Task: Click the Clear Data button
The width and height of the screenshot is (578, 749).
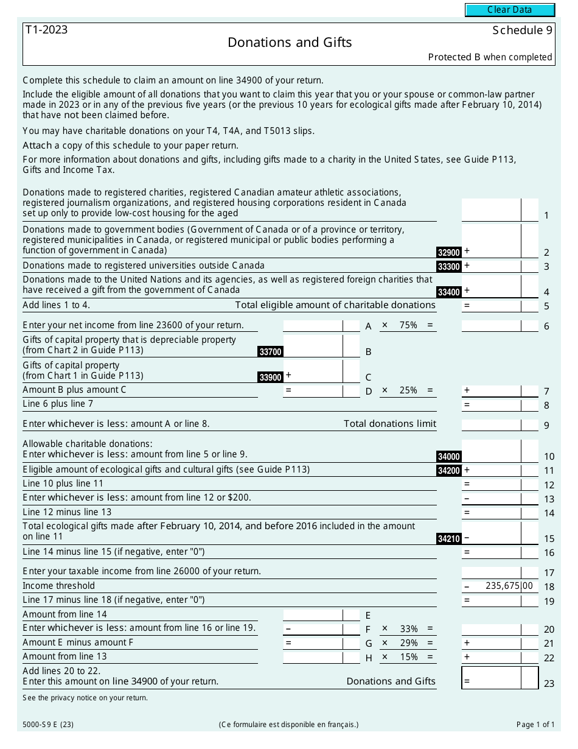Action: click(510, 10)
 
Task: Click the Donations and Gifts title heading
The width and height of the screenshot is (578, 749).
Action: click(290, 42)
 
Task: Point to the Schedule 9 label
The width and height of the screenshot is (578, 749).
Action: click(522, 30)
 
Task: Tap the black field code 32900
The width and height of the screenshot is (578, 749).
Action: click(449, 252)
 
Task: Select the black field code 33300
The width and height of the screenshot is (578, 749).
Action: click(449, 267)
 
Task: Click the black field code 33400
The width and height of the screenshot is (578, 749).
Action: click(449, 292)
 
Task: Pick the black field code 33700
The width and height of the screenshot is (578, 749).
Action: click(270, 351)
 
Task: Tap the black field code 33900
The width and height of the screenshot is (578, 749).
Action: click(270, 377)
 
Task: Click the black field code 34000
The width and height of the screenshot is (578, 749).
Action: click(449, 457)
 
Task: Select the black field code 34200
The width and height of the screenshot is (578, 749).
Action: click(449, 471)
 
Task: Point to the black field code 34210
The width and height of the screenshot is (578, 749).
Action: click(449, 539)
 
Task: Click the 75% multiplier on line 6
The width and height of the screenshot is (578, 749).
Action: click(408, 325)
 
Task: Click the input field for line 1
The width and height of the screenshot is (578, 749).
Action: click(491, 210)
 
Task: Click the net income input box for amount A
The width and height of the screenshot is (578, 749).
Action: click(313, 326)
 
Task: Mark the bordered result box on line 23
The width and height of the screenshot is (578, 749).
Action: click(500, 678)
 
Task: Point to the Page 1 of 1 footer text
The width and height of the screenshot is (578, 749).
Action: click(535, 725)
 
